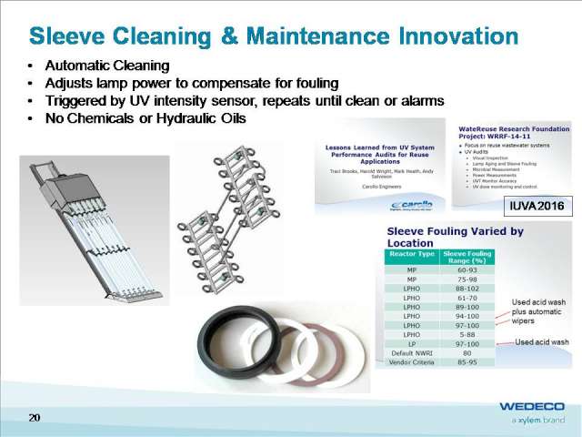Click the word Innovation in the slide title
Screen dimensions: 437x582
tap(444, 36)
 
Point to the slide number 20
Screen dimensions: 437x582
tap(35, 417)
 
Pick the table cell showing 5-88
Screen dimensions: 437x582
tap(466, 333)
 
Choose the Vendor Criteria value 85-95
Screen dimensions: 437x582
tap(466, 361)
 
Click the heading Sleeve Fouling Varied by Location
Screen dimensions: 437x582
tap(455, 238)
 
